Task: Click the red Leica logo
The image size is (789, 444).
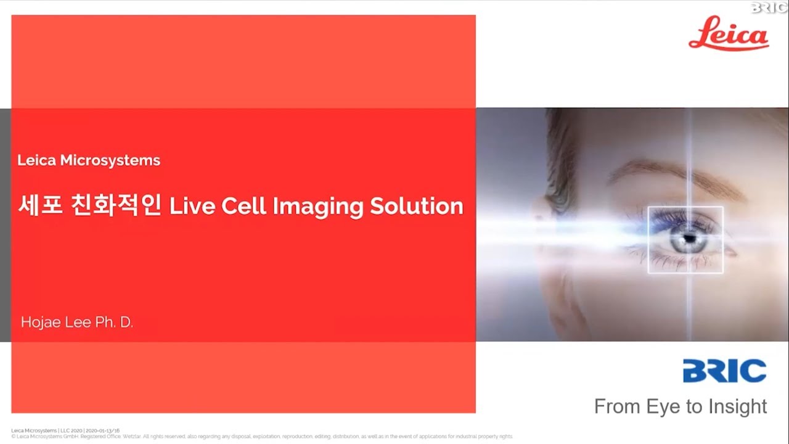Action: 729,35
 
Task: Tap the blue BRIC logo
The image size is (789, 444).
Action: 724,371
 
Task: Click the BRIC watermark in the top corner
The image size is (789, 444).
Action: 769,7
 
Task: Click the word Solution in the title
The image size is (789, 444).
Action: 417,206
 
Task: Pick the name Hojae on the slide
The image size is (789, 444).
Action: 40,322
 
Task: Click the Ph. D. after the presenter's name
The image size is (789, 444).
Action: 114,322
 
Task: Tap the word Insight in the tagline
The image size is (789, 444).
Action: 736,406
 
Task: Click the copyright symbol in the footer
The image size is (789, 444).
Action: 14,436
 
